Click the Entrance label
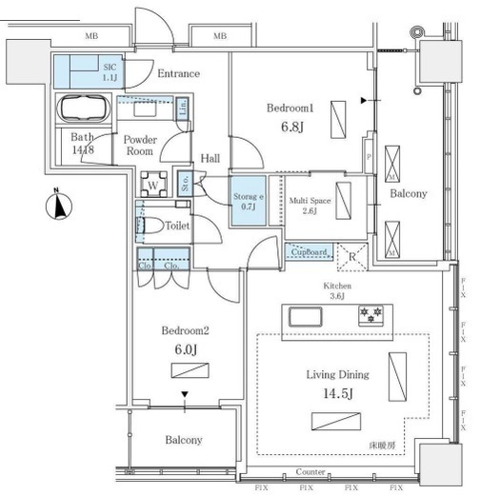[178, 73]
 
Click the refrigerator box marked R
[351, 254]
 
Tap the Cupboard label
[307, 252]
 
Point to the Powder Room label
[140, 145]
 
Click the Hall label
[210, 159]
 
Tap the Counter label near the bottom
[311, 472]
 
